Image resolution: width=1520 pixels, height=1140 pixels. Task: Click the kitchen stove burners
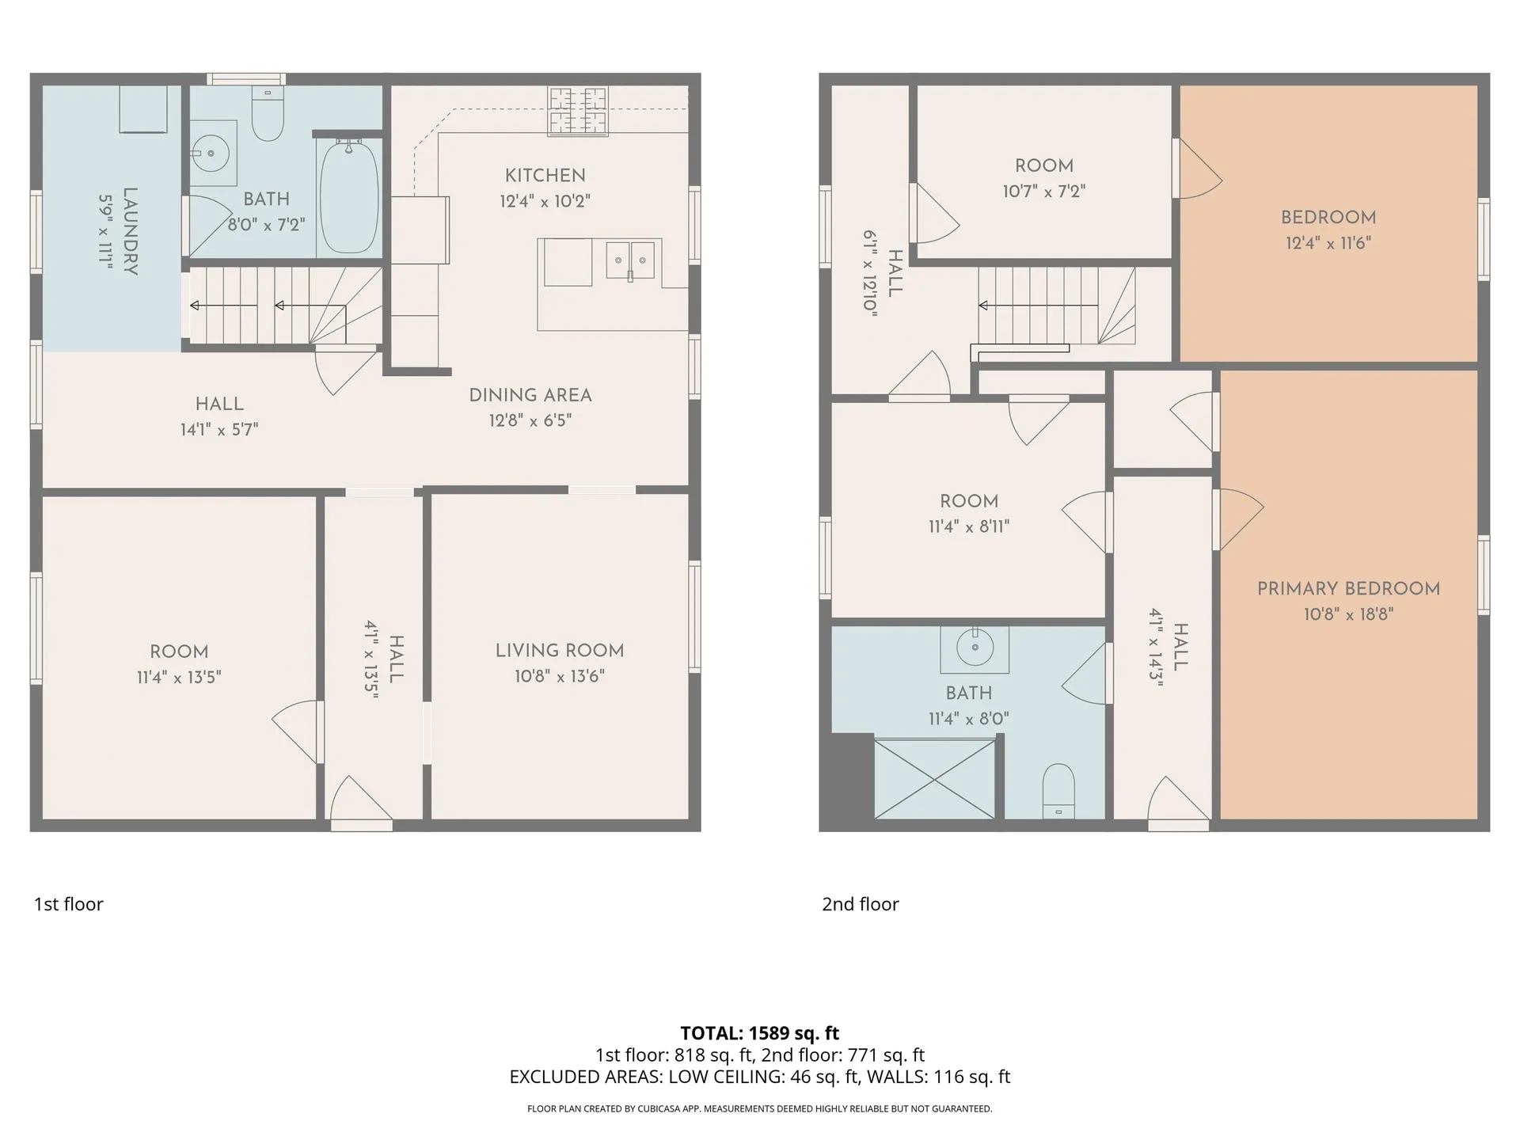point(579,112)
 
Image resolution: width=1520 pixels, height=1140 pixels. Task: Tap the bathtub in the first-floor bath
point(348,196)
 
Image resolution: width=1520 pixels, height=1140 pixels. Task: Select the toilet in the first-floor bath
point(268,114)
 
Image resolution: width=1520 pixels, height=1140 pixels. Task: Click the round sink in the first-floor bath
point(211,153)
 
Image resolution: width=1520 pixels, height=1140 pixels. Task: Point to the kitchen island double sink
point(630,260)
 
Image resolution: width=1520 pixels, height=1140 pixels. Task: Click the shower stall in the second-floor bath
point(935,778)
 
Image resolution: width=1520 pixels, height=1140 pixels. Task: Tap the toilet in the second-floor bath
point(1058,791)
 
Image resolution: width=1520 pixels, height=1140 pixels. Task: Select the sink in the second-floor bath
point(975,648)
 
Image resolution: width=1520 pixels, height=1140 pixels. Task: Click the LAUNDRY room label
point(131,231)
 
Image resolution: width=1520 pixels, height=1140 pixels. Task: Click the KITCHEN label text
point(545,175)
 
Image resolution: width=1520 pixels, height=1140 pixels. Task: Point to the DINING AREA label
point(530,395)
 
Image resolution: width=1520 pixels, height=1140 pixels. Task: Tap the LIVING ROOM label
point(560,651)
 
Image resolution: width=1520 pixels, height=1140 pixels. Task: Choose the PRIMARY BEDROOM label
point(1348,589)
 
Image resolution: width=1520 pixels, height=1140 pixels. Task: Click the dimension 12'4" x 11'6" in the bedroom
point(1328,243)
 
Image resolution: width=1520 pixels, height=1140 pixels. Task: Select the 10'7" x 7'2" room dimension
point(1043,192)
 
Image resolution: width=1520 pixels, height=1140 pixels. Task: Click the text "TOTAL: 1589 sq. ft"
point(760,1033)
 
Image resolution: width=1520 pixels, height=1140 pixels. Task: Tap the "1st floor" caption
point(69,904)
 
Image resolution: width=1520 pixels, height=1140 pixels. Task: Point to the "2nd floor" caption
point(861,904)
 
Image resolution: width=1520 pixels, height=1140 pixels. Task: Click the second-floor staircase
point(1057,306)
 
